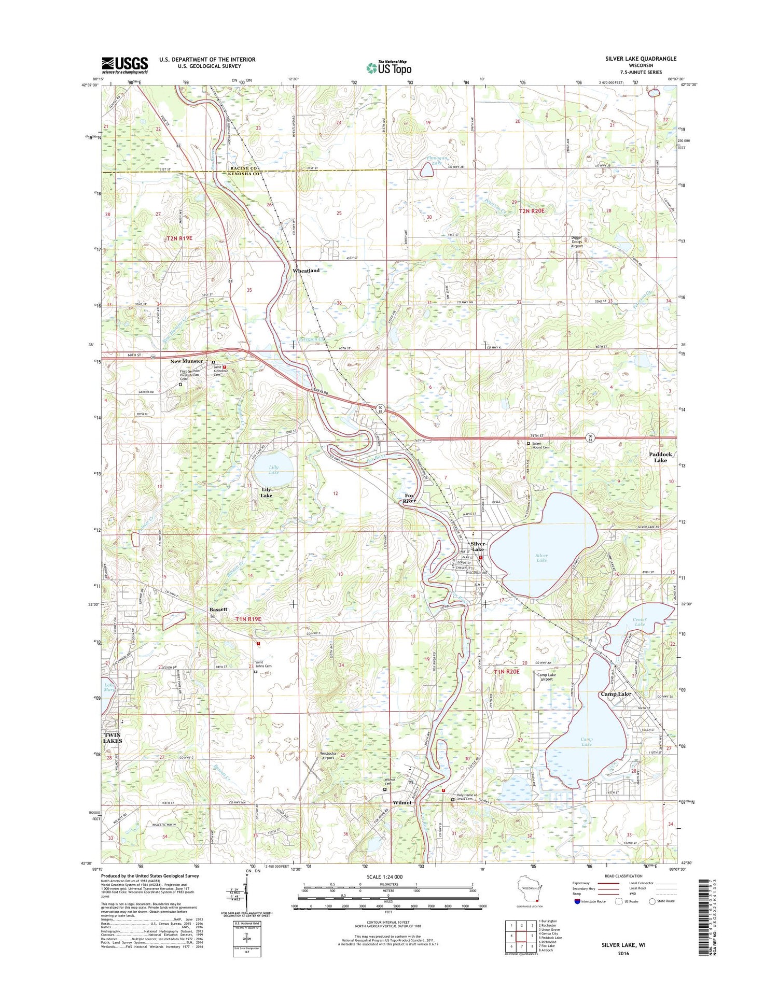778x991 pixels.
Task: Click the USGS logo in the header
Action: pos(124,65)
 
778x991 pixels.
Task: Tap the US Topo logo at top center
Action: pos(389,67)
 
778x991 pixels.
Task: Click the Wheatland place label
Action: pos(306,271)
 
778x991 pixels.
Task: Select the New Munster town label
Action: pos(187,361)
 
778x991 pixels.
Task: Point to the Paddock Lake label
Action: pos(660,457)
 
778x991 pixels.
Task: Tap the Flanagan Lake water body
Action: pos(427,169)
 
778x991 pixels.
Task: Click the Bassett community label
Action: pos(218,609)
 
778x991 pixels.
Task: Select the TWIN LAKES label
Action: pos(112,738)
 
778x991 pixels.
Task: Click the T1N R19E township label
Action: pos(249,619)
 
